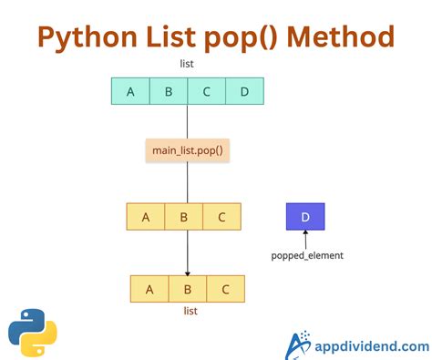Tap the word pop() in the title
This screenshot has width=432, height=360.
[x=244, y=37]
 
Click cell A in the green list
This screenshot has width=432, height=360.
[x=130, y=91]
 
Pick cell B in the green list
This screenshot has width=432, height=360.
[x=169, y=91]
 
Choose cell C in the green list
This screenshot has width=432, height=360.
[x=207, y=91]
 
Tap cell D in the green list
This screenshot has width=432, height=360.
[x=244, y=91]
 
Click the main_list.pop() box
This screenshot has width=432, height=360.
[x=187, y=149]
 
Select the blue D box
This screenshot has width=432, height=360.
[x=305, y=216]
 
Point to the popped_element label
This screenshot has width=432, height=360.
[x=307, y=255]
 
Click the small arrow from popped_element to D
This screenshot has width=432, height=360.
[x=305, y=239]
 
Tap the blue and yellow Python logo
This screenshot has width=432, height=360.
[x=32, y=332]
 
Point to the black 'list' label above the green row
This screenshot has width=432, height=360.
[x=187, y=64]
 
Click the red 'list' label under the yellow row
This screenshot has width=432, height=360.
[x=190, y=311]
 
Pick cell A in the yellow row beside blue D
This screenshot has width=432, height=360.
[x=146, y=216]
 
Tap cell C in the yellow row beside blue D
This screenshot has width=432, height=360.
[x=221, y=216]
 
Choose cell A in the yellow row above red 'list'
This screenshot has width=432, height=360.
[x=149, y=289]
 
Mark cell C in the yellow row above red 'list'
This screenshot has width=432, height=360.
[x=225, y=289]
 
